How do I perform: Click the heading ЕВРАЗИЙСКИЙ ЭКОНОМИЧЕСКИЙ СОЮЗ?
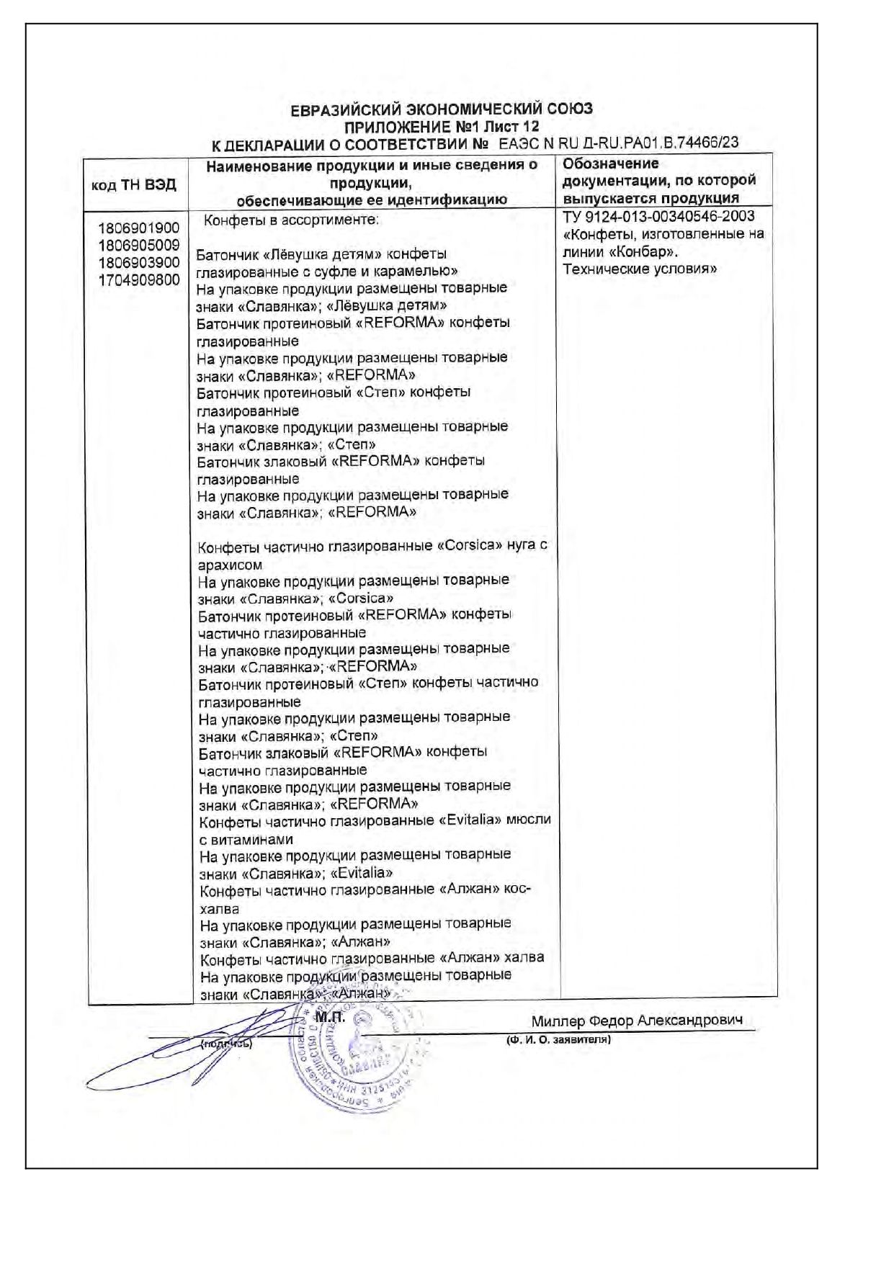(442, 109)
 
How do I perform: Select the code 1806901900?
(139, 228)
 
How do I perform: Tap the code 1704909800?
(139, 280)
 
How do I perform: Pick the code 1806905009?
(139, 246)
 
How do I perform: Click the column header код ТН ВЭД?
(134, 185)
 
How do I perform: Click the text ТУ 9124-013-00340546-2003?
(658, 217)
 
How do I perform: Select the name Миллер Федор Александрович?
(637, 1021)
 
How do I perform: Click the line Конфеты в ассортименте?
(291, 220)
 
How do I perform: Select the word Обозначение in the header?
(611, 163)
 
